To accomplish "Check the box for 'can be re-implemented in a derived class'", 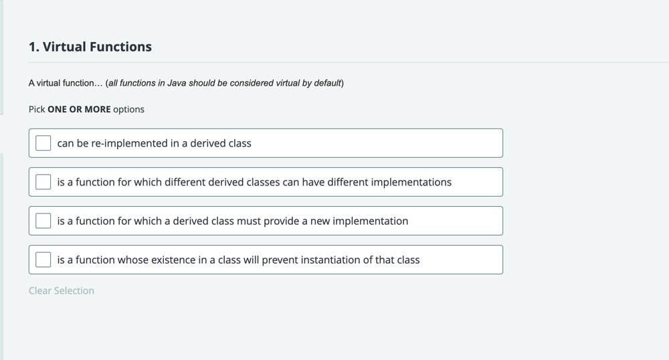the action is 43,143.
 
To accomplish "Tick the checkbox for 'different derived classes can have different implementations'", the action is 43,182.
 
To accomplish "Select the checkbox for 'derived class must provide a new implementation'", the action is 43,221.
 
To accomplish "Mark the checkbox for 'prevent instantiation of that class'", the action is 43,260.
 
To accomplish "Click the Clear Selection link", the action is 62,290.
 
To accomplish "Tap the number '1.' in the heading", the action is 34,46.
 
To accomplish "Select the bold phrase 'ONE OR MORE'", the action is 79,109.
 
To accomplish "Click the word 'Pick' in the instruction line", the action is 37,109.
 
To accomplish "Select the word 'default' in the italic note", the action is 328,83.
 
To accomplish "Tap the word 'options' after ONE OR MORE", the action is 129,109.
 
